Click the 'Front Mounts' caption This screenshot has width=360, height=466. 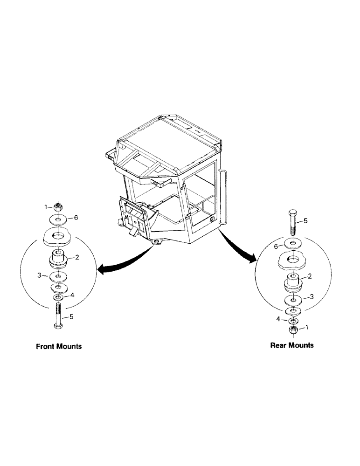pyautogui.click(x=59, y=347)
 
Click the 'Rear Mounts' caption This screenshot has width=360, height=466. pyautogui.click(x=292, y=345)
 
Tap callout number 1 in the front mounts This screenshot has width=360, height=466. pyautogui.click(x=46, y=206)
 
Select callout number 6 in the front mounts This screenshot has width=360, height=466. pyautogui.click(x=76, y=218)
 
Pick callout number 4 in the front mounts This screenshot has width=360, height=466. pyautogui.click(x=72, y=295)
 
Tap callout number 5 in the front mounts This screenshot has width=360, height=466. pyautogui.click(x=72, y=317)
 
